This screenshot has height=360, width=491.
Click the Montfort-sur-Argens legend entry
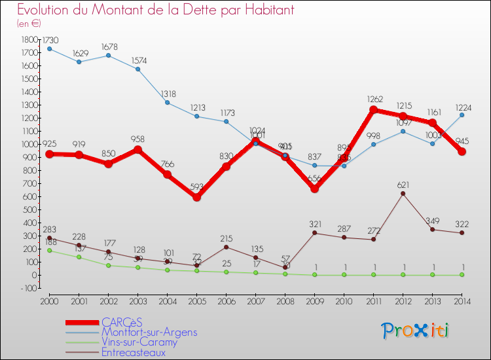click(149, 332)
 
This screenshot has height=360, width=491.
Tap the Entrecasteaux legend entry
click(134, 352)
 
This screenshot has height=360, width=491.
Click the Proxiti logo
click(415, 330)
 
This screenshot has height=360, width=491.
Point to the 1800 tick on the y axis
click(28, 40)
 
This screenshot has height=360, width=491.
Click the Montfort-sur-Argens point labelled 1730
click(50, 48)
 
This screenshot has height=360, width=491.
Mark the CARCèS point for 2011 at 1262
click(373, 110)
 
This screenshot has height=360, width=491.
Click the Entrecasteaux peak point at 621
click(403, 194)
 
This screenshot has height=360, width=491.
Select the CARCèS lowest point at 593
click(196, 197)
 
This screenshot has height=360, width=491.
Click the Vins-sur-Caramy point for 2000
click(50, 250)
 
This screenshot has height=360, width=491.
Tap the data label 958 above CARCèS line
click(137, 139)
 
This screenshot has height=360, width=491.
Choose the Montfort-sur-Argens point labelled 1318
click(167, 103)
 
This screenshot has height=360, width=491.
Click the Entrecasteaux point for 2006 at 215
click(226, 247)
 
